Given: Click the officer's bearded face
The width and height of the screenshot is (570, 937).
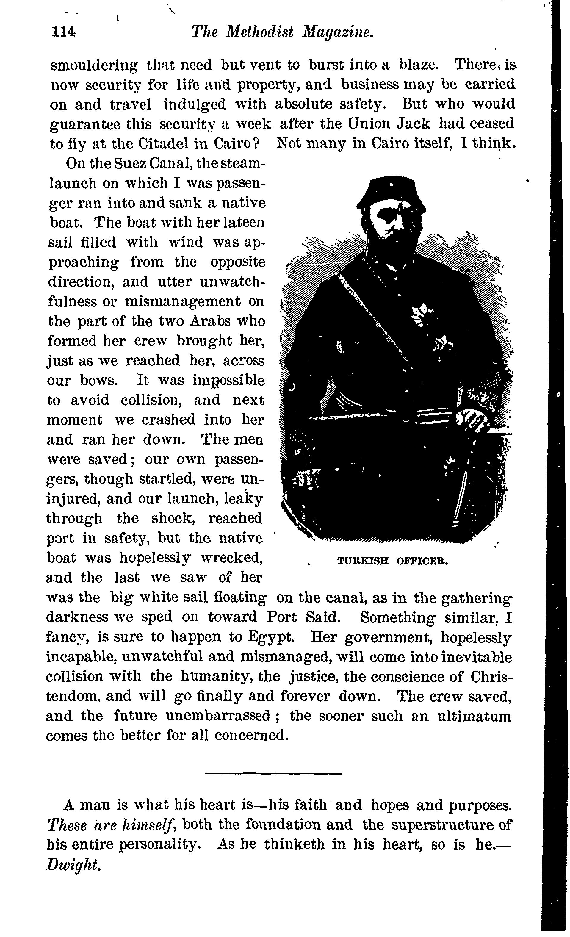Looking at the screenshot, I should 392,224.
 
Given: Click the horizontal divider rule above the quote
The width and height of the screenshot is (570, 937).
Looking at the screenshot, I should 273,773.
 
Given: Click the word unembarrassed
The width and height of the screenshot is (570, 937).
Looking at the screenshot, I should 218,716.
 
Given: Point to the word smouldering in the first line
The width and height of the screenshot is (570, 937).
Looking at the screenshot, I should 94,65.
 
